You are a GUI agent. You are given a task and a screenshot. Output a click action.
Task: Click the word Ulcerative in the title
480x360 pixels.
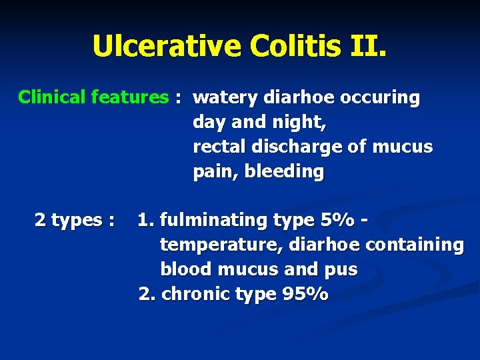tap(166, 45)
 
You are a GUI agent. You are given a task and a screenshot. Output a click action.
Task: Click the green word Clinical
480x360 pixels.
tap(52, 97)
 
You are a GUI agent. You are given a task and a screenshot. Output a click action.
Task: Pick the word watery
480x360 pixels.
tap(225, 98)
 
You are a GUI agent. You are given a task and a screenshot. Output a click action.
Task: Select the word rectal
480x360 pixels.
tap(215, 147)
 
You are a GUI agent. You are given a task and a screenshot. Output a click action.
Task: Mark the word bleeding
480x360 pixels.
tap(284, 171)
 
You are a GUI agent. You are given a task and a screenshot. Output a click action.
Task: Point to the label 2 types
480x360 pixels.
tap(73, 219)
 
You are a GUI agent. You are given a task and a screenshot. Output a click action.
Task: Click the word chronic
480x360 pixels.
tap(196, 294)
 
